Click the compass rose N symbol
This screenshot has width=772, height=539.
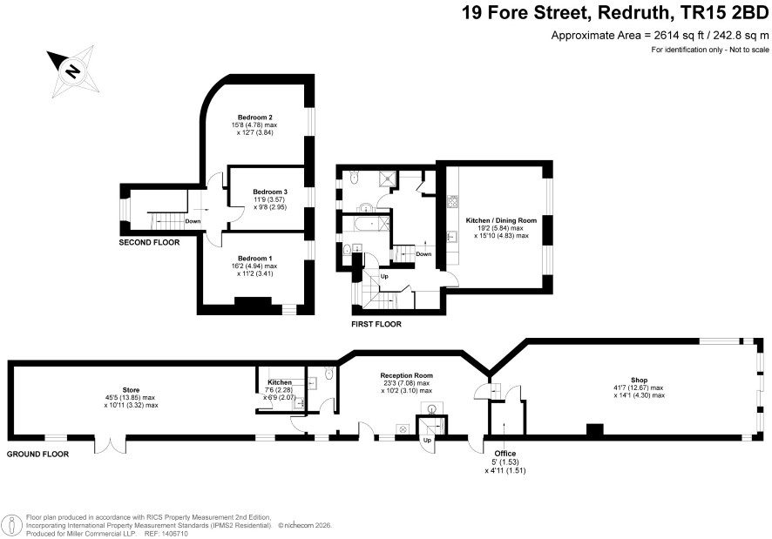point(73,71)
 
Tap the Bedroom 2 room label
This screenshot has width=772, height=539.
point(255,118)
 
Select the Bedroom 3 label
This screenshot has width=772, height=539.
point(270,192)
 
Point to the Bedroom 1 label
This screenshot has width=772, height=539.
point(254,259)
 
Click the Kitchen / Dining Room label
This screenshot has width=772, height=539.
point(501,220)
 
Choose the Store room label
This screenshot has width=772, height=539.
point(131,390)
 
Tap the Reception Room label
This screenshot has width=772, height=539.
point(407,375)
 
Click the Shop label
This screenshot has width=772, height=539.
point(639,380)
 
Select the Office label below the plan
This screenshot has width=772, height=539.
point(505,454)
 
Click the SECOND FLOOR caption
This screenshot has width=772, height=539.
point(149,242)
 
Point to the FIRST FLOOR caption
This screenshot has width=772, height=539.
point(376,324)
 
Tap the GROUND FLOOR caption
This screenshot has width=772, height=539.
point(37,454)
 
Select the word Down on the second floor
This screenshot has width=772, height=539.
point(193,221)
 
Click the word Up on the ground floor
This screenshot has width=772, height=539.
point(427,440)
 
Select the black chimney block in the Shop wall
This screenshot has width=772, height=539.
point(595,430)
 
